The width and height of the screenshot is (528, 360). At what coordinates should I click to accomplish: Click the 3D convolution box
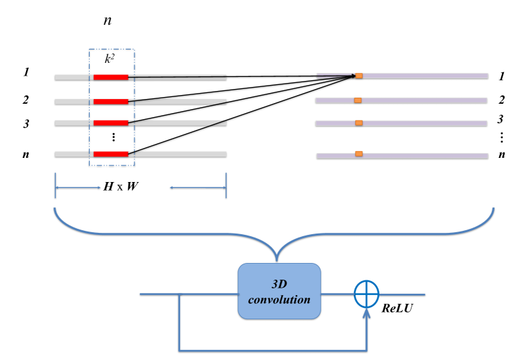279,291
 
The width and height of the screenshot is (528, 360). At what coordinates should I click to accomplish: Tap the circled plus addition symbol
366,294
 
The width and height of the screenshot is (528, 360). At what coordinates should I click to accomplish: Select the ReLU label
396,310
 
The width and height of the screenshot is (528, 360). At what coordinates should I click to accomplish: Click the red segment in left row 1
110,78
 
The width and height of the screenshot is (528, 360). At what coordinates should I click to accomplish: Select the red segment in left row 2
110,102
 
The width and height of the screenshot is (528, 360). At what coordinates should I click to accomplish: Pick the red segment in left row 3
110,123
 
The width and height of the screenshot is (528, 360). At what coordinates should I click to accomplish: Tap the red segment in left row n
110,154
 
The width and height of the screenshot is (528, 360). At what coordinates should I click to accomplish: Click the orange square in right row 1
359,76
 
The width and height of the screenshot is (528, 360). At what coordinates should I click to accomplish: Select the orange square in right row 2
357,100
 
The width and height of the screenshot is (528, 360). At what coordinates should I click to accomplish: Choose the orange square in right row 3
359,123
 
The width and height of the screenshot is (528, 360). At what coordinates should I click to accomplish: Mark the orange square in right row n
359,154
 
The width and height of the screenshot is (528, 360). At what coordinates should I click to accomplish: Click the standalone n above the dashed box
106,21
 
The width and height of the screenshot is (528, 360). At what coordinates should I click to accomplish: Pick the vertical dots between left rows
113,137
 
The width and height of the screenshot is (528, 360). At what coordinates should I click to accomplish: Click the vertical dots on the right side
501,137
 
